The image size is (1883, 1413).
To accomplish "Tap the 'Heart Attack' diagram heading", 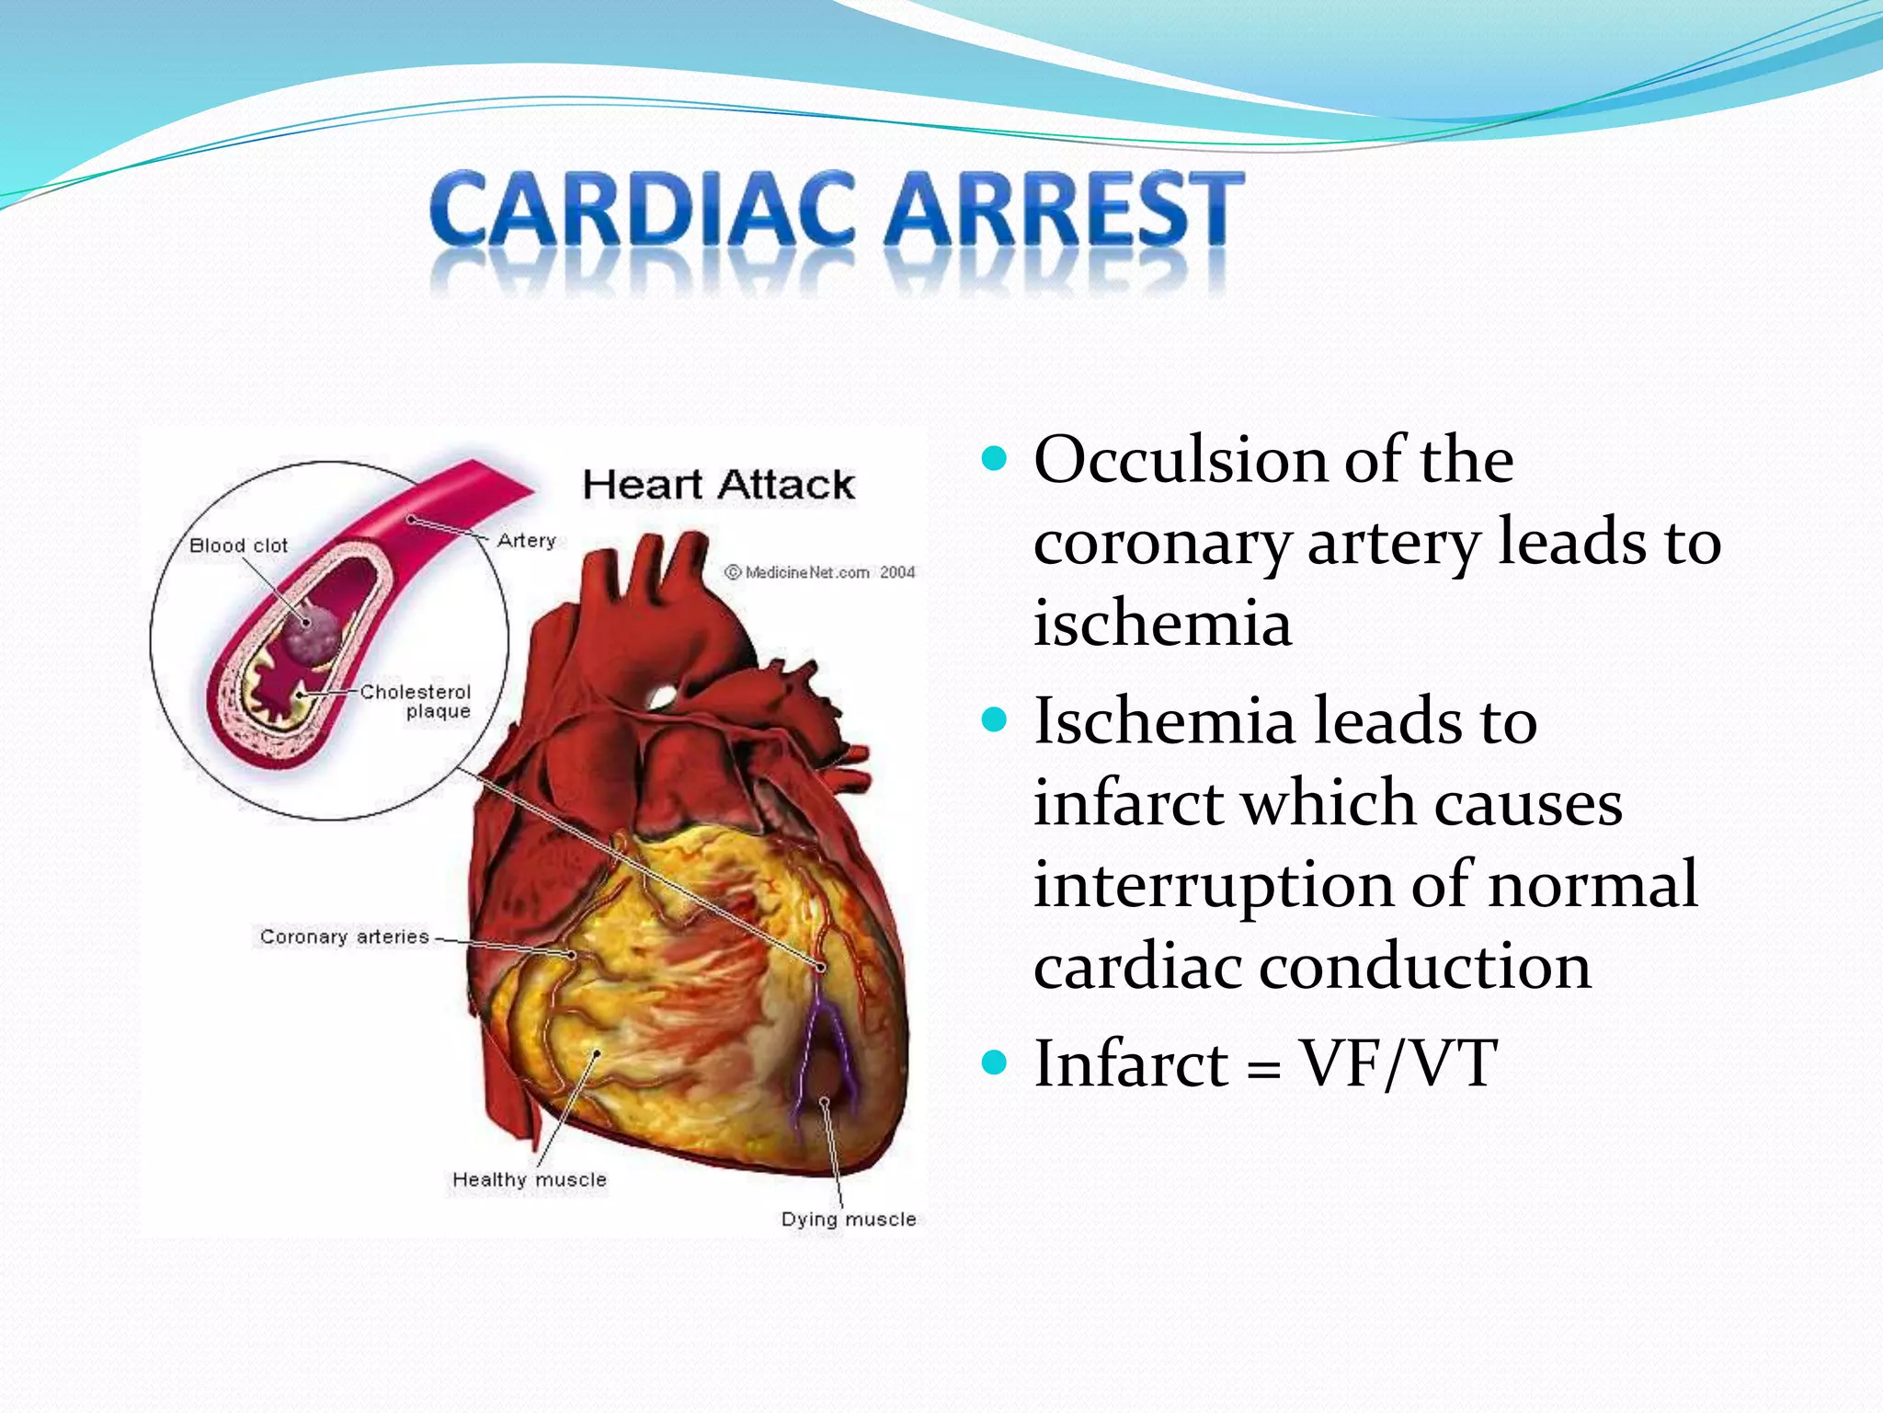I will pos(718,485).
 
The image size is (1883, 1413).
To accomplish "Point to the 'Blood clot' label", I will pos(238,546).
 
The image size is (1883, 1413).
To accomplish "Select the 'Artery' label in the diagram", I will pos(527,540).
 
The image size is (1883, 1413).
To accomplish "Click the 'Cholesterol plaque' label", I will pos(417,701).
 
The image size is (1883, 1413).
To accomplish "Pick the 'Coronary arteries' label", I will pos(345,936).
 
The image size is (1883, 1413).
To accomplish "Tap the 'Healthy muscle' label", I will pos(530,1179).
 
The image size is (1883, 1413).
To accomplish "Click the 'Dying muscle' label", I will pos(849,1219).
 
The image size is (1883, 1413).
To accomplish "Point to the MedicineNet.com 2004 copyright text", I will pos(820,572).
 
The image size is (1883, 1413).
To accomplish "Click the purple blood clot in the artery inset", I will pos(311,636).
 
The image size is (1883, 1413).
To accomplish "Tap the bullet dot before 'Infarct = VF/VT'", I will pos(994,1063).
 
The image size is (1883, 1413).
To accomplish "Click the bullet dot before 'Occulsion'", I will pos(994,458).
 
